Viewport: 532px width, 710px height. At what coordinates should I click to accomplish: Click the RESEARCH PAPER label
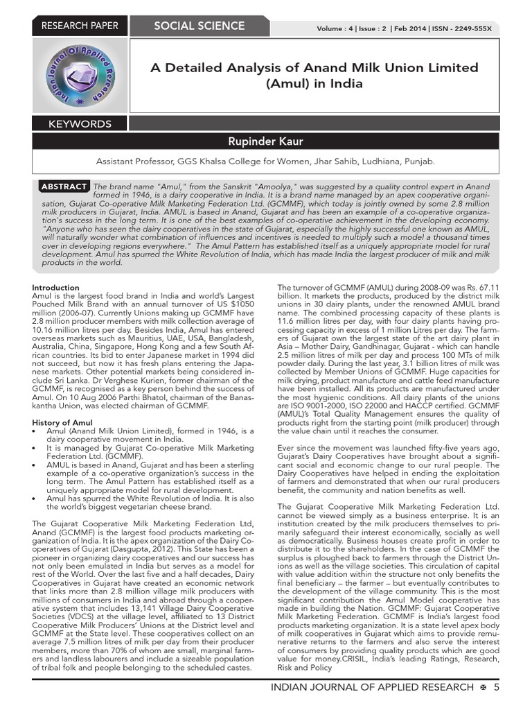[x=80, y=26]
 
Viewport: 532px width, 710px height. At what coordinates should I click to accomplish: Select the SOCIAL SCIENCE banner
[x=199, y=26]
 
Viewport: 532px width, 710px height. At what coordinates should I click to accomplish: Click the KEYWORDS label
[x=80, y=124]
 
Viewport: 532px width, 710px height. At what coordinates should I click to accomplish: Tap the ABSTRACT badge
[x=64, y=187]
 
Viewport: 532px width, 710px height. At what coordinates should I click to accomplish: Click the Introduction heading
[x=55, y=288]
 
